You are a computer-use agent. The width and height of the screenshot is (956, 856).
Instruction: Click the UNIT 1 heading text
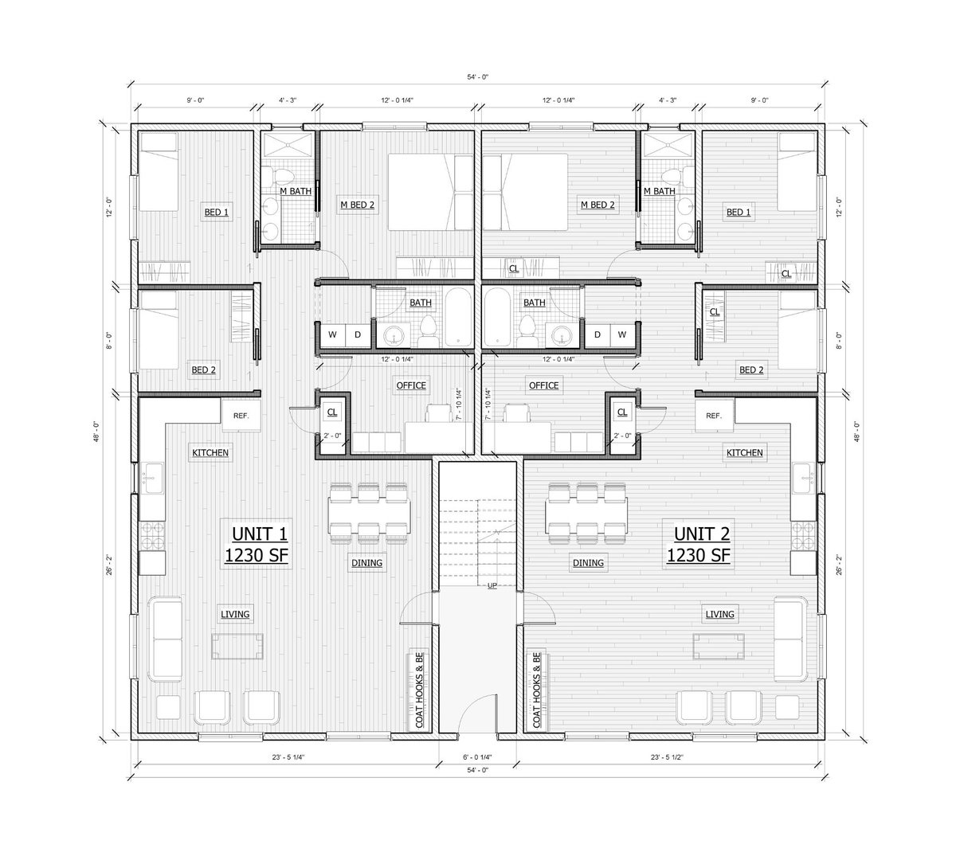click(256, 534)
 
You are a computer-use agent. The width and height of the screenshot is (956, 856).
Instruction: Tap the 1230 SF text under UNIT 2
click(699, 556)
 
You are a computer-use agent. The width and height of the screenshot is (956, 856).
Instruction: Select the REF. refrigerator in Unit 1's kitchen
click(241, 416)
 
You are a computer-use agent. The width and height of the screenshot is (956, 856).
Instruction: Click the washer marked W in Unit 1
click(332, 334)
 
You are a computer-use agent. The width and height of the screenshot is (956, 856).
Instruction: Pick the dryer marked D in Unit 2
click(597, 334)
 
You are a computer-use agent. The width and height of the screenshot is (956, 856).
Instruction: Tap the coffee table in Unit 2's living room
click(719, 646)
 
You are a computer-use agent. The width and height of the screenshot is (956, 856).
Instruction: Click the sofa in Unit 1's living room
click(167, 637)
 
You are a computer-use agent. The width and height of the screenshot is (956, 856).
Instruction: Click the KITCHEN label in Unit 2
click(744, 452)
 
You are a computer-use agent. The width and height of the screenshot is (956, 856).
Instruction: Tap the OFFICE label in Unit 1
click(411, 385)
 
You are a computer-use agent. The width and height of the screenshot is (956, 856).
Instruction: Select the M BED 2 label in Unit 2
click(597, 205)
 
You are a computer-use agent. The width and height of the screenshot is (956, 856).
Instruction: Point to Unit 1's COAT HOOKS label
click(418, 691)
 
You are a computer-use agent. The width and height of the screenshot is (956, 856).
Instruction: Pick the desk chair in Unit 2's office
click(518, 413)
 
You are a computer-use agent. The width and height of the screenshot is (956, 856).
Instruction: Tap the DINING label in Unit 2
click(587, 563)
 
